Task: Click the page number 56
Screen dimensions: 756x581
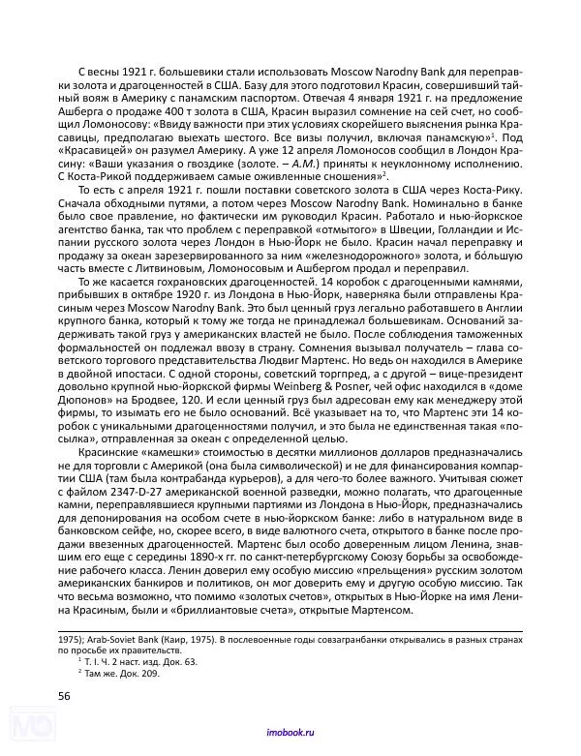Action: coord(64,693)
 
